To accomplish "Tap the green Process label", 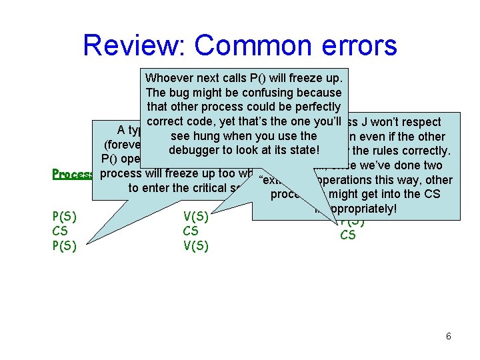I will [73, 174].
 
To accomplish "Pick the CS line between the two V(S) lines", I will [191, 231].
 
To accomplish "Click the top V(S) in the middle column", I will [196, 216].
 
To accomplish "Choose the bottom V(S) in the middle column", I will [196, 245].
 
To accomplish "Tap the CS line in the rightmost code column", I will [348, 235].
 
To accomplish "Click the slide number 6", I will [448, 337].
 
